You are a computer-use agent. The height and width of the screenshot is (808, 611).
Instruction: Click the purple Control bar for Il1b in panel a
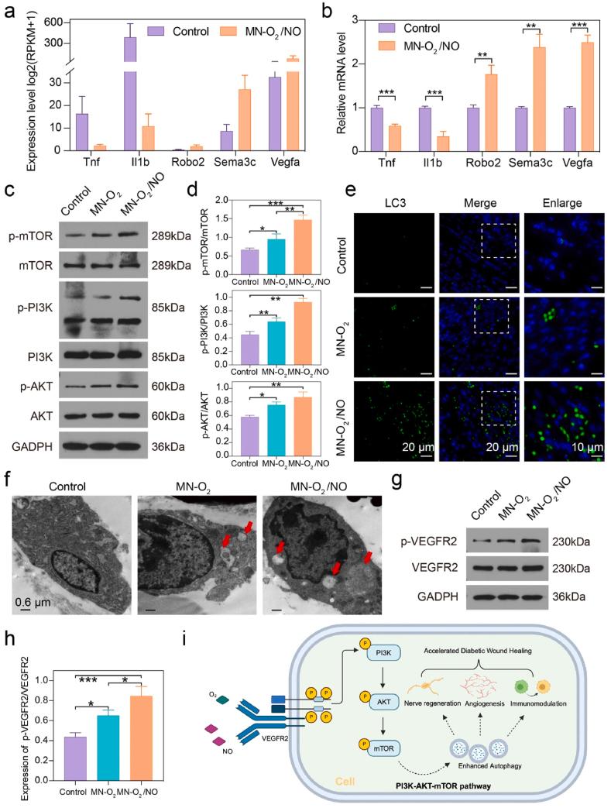pos(130,93)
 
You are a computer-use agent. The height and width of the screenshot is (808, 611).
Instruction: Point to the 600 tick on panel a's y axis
pos(53,22)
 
